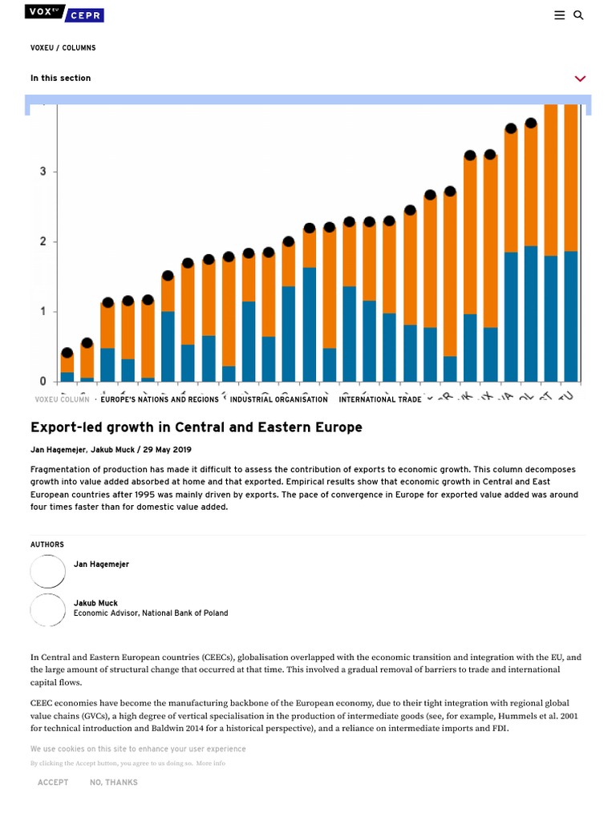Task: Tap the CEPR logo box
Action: click(85, 15)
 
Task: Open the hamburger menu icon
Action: click(560, 15)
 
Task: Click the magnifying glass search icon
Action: click(578, 15)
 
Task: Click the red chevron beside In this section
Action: click(580, 79)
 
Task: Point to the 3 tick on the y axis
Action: click(43, 172)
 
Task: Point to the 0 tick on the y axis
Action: click(43, 382)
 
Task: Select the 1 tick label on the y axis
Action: click(43, 312)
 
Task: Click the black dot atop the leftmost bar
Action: click(67, 353)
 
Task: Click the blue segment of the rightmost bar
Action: click(570, 316)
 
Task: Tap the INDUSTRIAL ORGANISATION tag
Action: click(278, 399)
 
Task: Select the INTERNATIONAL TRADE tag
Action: click(379, 399)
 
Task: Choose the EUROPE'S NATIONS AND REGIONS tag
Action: click(160, 399)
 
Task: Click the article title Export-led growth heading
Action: click(197, 427)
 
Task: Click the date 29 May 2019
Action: click(167, 450)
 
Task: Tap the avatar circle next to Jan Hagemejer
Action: click(48, 572)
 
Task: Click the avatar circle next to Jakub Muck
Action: click(48, 610)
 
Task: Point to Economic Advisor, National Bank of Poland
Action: click(151, 613)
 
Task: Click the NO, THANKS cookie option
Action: click(114, 783)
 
